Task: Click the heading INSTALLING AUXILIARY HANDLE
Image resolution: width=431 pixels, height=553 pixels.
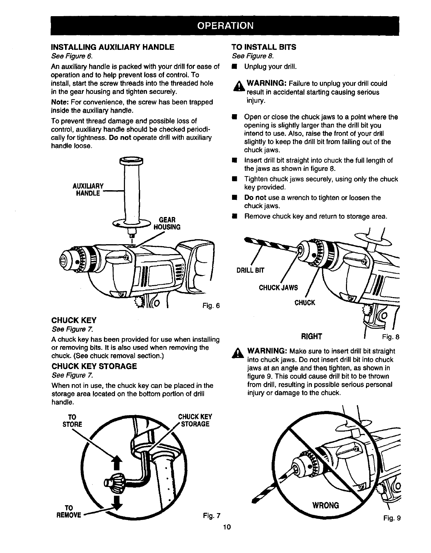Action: (x=113, y=47)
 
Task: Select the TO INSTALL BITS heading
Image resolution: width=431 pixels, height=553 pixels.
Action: (x=264, y=47)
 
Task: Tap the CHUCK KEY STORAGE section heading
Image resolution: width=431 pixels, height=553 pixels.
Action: (x=94, y=366)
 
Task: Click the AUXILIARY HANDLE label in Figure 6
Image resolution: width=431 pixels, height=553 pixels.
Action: (x=88, y=189)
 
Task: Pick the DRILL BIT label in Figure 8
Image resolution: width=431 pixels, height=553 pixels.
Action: (x=250, y=270)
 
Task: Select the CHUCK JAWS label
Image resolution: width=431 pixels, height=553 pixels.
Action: (x=278, y=288)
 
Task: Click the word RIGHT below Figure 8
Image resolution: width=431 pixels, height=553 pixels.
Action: (x=312, y=336)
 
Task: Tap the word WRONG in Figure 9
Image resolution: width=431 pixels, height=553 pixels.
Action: (x=325, y=505)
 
